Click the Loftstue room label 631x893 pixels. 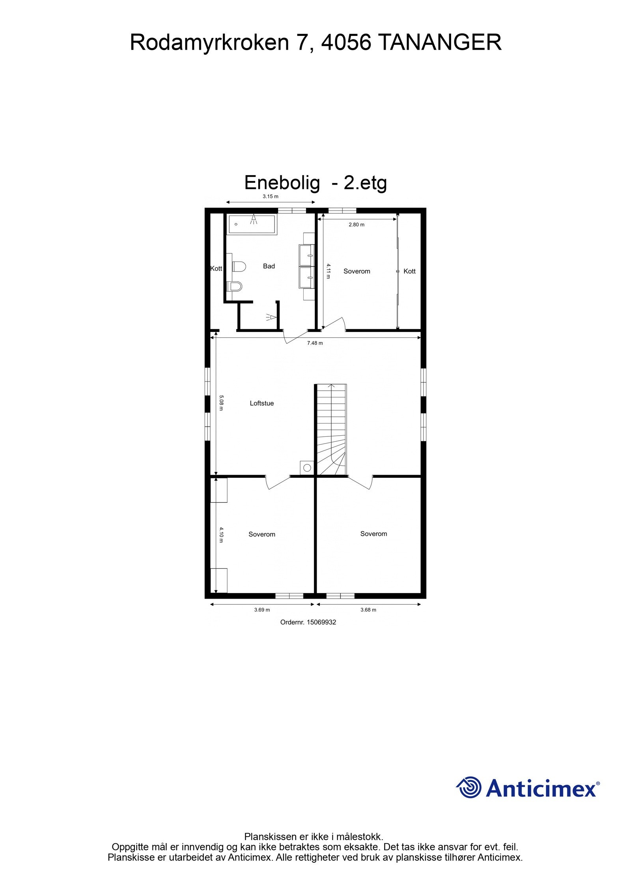261,403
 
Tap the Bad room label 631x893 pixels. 269,266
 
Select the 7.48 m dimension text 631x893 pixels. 315,343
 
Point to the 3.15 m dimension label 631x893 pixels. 271,196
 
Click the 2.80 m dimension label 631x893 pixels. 357,225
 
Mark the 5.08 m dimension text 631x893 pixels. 221,403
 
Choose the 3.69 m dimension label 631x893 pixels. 262,610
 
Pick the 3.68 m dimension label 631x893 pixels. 368,610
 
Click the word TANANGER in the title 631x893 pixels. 440,42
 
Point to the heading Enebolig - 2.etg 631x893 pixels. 315,182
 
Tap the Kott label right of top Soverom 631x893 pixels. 409,271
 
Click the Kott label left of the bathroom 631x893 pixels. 216,269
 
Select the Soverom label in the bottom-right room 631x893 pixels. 373,534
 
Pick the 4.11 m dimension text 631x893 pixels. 328,271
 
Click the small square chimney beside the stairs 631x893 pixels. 306,468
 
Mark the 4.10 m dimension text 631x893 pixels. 221,535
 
